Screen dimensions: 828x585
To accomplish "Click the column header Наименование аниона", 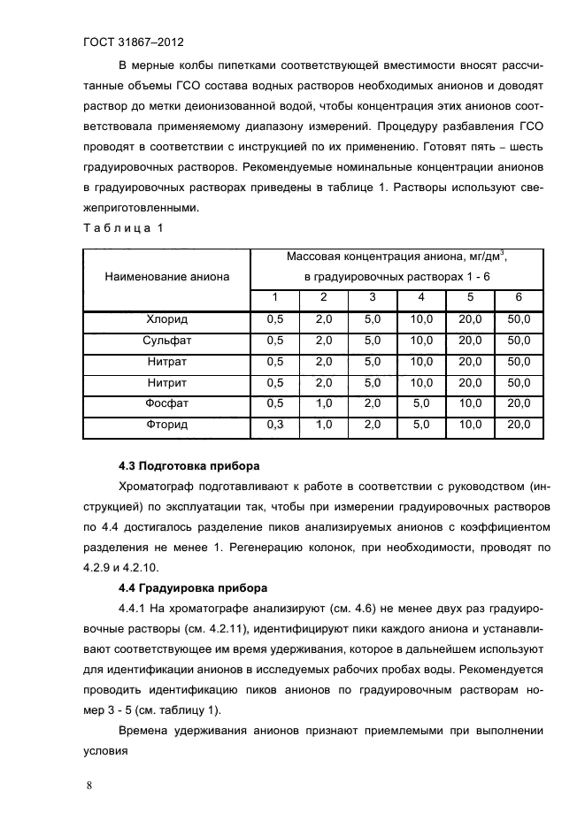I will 167,277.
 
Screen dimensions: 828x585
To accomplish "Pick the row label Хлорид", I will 167,319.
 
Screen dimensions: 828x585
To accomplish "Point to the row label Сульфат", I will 167,341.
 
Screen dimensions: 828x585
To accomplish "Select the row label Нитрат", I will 167,362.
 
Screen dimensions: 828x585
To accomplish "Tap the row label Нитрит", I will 167,383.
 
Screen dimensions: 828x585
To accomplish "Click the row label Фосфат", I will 167,404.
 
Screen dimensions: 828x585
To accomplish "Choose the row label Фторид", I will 167,425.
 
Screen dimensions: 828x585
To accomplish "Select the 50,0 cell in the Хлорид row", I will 519,319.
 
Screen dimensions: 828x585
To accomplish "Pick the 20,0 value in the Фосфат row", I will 519,404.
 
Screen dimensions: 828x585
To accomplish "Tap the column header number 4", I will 420,297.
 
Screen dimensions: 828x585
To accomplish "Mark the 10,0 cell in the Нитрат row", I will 420,362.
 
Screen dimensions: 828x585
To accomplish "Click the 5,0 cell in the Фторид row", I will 420,425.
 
